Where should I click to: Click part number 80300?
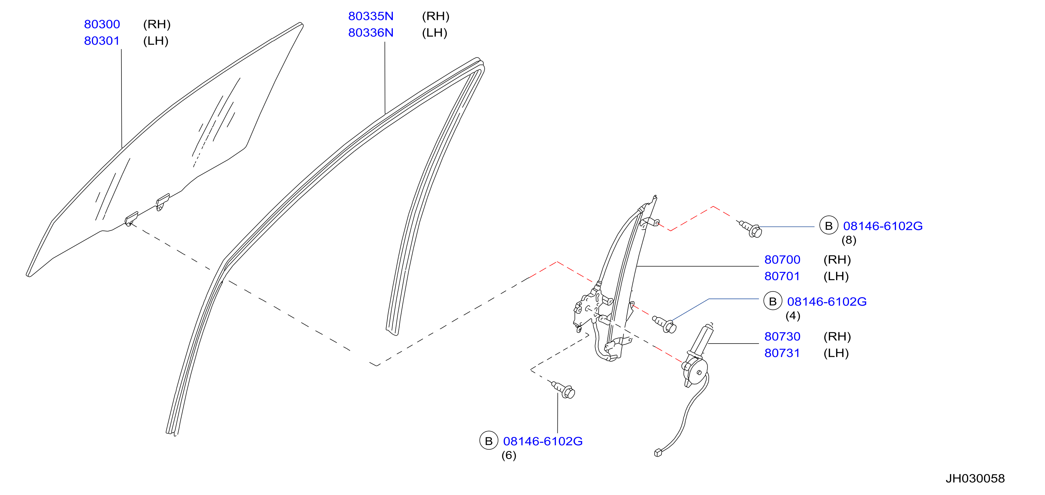tap(102, 24)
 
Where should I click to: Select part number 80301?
tap(102, 41)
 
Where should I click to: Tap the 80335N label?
tap(371, 16)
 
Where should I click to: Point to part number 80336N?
tap(371, 33)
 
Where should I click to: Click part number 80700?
tap(782, 260)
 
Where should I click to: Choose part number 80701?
tap(782, 276)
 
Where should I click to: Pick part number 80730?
tap(782, 337)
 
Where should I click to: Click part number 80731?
tap(782, 353)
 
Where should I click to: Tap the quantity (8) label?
tap(849, 240)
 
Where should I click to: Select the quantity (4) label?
tap(793, 316)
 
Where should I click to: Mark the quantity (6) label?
tap(509, 455)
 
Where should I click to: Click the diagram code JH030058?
tap(975, 479)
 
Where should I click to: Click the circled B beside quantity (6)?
tap(489, 441)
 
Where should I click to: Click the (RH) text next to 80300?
tap(157, 24)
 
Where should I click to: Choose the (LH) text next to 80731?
tap(836, 353)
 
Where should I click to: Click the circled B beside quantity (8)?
tap(829, 225)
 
